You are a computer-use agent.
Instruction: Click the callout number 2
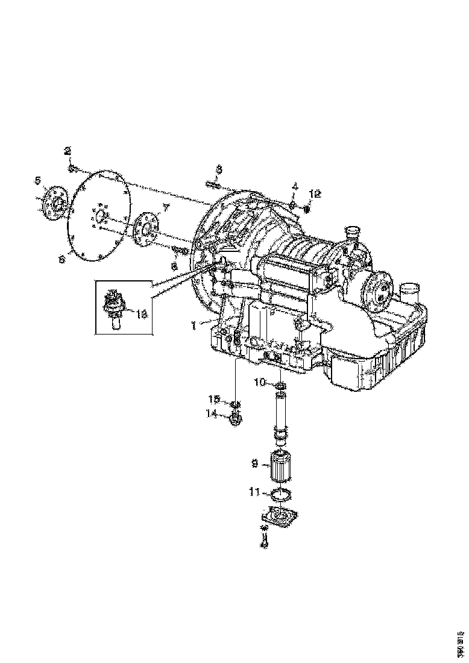[68, 150]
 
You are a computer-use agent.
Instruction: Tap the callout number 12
[316, 193]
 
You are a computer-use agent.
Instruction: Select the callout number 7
[167, 207]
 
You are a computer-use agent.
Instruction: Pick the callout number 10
[260, 382]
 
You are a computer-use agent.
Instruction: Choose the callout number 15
[214, 400]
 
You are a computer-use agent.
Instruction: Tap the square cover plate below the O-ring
[280, 518]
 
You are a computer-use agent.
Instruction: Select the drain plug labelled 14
[236, 417]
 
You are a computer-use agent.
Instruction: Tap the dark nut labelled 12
[306, 209]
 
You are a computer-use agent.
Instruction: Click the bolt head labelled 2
[72, 168]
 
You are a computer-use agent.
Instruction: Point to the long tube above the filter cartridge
[280, 413]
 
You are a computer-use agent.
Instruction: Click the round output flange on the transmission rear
[379, 289]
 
